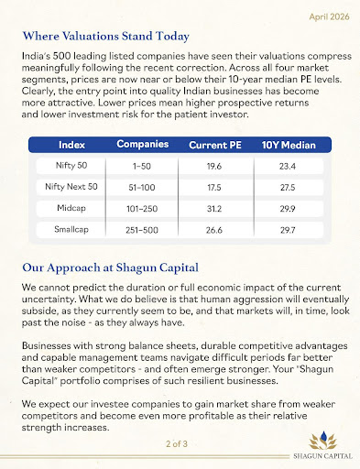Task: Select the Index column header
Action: [x=72, y=146]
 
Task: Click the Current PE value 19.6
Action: [x=214, y=167]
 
